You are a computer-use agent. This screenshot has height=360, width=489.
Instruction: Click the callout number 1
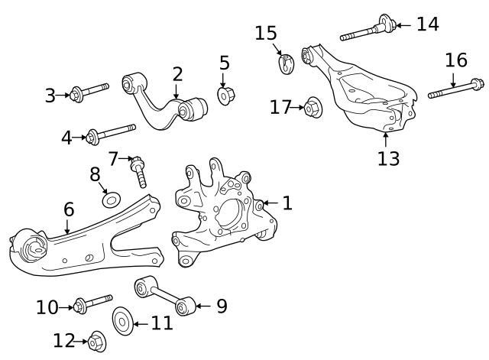click(287, 203)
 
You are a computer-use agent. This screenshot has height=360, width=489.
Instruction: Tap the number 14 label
click(427, 24)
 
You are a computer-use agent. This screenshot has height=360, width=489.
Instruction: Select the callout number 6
click(69, 209)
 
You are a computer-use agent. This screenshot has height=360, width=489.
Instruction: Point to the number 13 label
click(389, 158)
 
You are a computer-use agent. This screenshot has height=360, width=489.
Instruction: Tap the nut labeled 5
click(225, 96)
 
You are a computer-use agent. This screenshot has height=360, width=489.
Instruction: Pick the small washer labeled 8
click(111, 200)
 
